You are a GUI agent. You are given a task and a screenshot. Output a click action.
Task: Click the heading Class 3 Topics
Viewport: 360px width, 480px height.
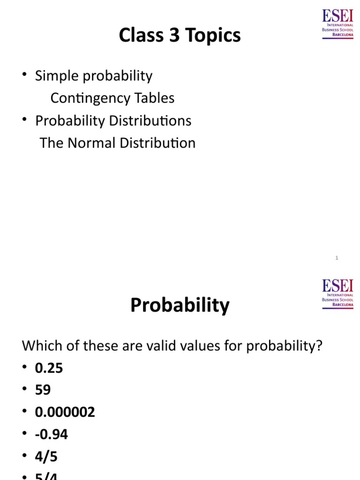tap(180, 36)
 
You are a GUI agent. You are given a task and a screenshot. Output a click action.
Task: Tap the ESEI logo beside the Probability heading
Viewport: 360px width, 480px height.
tap(337, 293)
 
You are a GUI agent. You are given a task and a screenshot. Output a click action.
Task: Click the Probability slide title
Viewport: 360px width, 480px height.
tap(180, 306)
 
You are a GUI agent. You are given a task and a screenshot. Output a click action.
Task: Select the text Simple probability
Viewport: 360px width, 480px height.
tap(94, 75)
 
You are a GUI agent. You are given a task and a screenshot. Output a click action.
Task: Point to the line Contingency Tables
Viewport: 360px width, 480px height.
tap(112, 98)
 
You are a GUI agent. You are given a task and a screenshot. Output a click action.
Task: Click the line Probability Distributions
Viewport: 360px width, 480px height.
tap(113, 120)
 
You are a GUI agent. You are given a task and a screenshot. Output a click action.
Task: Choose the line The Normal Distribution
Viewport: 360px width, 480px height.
tap(118, 143)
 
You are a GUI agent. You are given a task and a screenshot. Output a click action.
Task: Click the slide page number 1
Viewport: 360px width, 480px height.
tap(337, 258)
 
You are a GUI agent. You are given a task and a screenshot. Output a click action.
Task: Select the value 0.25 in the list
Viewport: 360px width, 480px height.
tap(49, 368)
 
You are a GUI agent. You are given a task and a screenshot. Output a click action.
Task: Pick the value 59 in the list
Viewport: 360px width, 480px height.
tap(43, 390)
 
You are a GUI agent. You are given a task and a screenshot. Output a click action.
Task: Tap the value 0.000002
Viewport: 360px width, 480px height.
tap(65, 412)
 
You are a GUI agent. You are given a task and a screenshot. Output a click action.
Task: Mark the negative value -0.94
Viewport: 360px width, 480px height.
tap(52, 435)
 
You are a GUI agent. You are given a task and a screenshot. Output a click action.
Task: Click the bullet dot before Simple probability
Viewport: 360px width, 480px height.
tap(24, 76)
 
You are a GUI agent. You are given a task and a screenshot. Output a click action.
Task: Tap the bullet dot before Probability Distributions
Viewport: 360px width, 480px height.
tap(24, 121)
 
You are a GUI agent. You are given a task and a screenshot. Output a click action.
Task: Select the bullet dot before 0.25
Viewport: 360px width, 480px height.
tap(24, 368)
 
